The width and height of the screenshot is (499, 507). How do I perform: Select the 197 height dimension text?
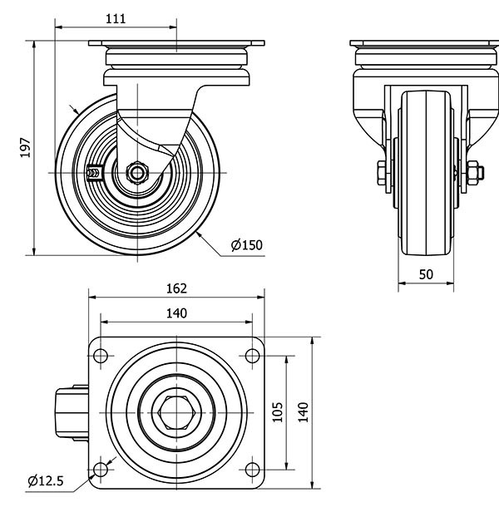[x=26, y=148]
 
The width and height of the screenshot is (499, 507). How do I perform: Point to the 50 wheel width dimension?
[x=425, y=273]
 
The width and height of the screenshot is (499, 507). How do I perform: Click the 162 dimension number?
[x=175, y=288]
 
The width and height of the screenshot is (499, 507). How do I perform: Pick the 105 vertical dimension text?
[x=278, y=411]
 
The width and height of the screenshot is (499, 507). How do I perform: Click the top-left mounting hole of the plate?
[x=101, y=356]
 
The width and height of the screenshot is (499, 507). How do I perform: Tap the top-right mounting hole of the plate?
[x=250, y=356]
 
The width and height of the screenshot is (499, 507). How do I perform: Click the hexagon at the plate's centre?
[x=176, y=413]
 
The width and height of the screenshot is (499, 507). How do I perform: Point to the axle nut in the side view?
[x=136, y=172]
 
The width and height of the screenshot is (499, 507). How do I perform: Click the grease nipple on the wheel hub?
[x=93, y=173]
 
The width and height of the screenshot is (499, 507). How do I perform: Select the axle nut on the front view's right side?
[x=476, y=173]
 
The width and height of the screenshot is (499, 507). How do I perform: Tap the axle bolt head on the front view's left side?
[x=378, y=173]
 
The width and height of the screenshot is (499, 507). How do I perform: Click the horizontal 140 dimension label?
[x=175, y=313]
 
